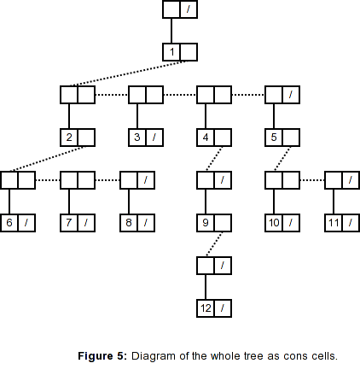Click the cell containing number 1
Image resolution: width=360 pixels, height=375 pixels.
(x=171, y=52)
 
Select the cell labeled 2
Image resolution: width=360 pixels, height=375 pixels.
(x=69, y=138)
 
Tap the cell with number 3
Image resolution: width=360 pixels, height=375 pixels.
(x=137, y=138)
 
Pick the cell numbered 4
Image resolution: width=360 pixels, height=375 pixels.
(x=206, y=138)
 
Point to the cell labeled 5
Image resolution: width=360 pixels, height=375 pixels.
(x=274, y=138)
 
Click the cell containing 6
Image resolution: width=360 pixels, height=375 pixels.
(x=9, y=223)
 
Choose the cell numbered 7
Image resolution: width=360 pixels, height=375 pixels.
(x=69, y=223)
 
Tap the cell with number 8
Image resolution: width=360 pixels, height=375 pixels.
(x=129, y=223)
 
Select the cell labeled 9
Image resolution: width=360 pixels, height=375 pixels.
(x=206, y=223)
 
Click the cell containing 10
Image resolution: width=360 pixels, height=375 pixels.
(x=274, y=223)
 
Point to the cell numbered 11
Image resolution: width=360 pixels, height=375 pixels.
(x=334, y=223)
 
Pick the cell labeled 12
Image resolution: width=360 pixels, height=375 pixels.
(x=206, y=308)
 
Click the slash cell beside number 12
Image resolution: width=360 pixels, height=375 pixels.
(x=223, y=308)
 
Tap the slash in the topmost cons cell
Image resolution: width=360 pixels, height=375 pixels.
(x=189, y=9)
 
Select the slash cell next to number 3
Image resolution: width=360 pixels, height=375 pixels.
(x=154, y=138)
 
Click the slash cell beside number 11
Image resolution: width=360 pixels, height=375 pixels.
(x=351, y=223)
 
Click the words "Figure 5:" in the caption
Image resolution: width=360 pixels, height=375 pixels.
(x=102, y=356)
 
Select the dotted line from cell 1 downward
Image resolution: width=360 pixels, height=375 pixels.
(x=128, y=73)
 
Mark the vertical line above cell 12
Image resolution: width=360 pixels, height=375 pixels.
(x=206, y=287)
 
